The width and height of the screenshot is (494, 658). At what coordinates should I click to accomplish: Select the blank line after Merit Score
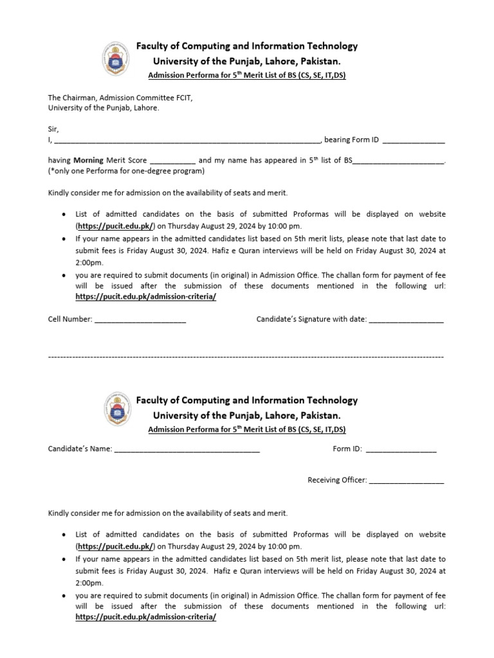[173, 162]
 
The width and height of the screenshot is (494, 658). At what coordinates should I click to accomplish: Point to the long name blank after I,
[187, 141]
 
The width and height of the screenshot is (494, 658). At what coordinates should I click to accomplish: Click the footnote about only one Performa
[127, 171]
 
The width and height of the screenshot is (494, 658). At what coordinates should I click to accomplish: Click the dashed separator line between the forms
[246, 355]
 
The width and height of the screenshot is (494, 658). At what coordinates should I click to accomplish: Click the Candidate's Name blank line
[187, 450]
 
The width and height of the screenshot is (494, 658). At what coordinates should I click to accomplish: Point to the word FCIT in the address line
[184, 98]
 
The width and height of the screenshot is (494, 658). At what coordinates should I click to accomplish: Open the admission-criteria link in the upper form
[145, 296]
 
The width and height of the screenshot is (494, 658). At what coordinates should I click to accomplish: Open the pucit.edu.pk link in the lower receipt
[116, 546]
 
